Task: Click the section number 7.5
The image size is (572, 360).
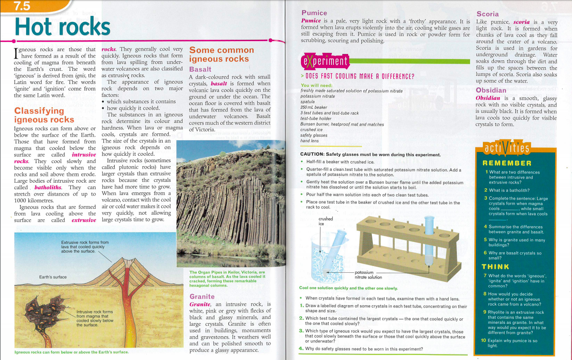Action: pyautogui.click(x=22, y=6)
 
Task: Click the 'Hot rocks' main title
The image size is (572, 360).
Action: pyautogui.click(x=63, y=26)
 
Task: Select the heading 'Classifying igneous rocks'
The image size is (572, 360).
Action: pyautogui.click(x=44, y=115)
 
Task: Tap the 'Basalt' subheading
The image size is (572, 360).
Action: pyautogui.click(x=200, y=69)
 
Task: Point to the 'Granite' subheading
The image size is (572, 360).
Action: pyautogui.click(x=202, y=296)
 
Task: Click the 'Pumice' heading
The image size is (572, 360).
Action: pyautogui.click(x=314, y=13)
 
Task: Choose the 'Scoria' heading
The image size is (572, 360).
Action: pyautogui.click(x=487, y=14)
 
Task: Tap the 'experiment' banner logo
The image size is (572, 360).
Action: pyautogui.click(x=325, y=61)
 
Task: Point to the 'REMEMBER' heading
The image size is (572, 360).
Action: pyautogui.click(x=507, y=163)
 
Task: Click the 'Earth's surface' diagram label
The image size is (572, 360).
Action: pyautogui.click(x=53, y=277)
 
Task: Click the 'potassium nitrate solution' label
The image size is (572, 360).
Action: pyautogui.click(x=368, y=274)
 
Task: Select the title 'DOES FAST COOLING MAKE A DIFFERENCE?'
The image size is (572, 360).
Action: pyautogui.click(x=357, y=77)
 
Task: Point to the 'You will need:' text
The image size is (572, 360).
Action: pyautogui.click(x=317, y=85)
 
